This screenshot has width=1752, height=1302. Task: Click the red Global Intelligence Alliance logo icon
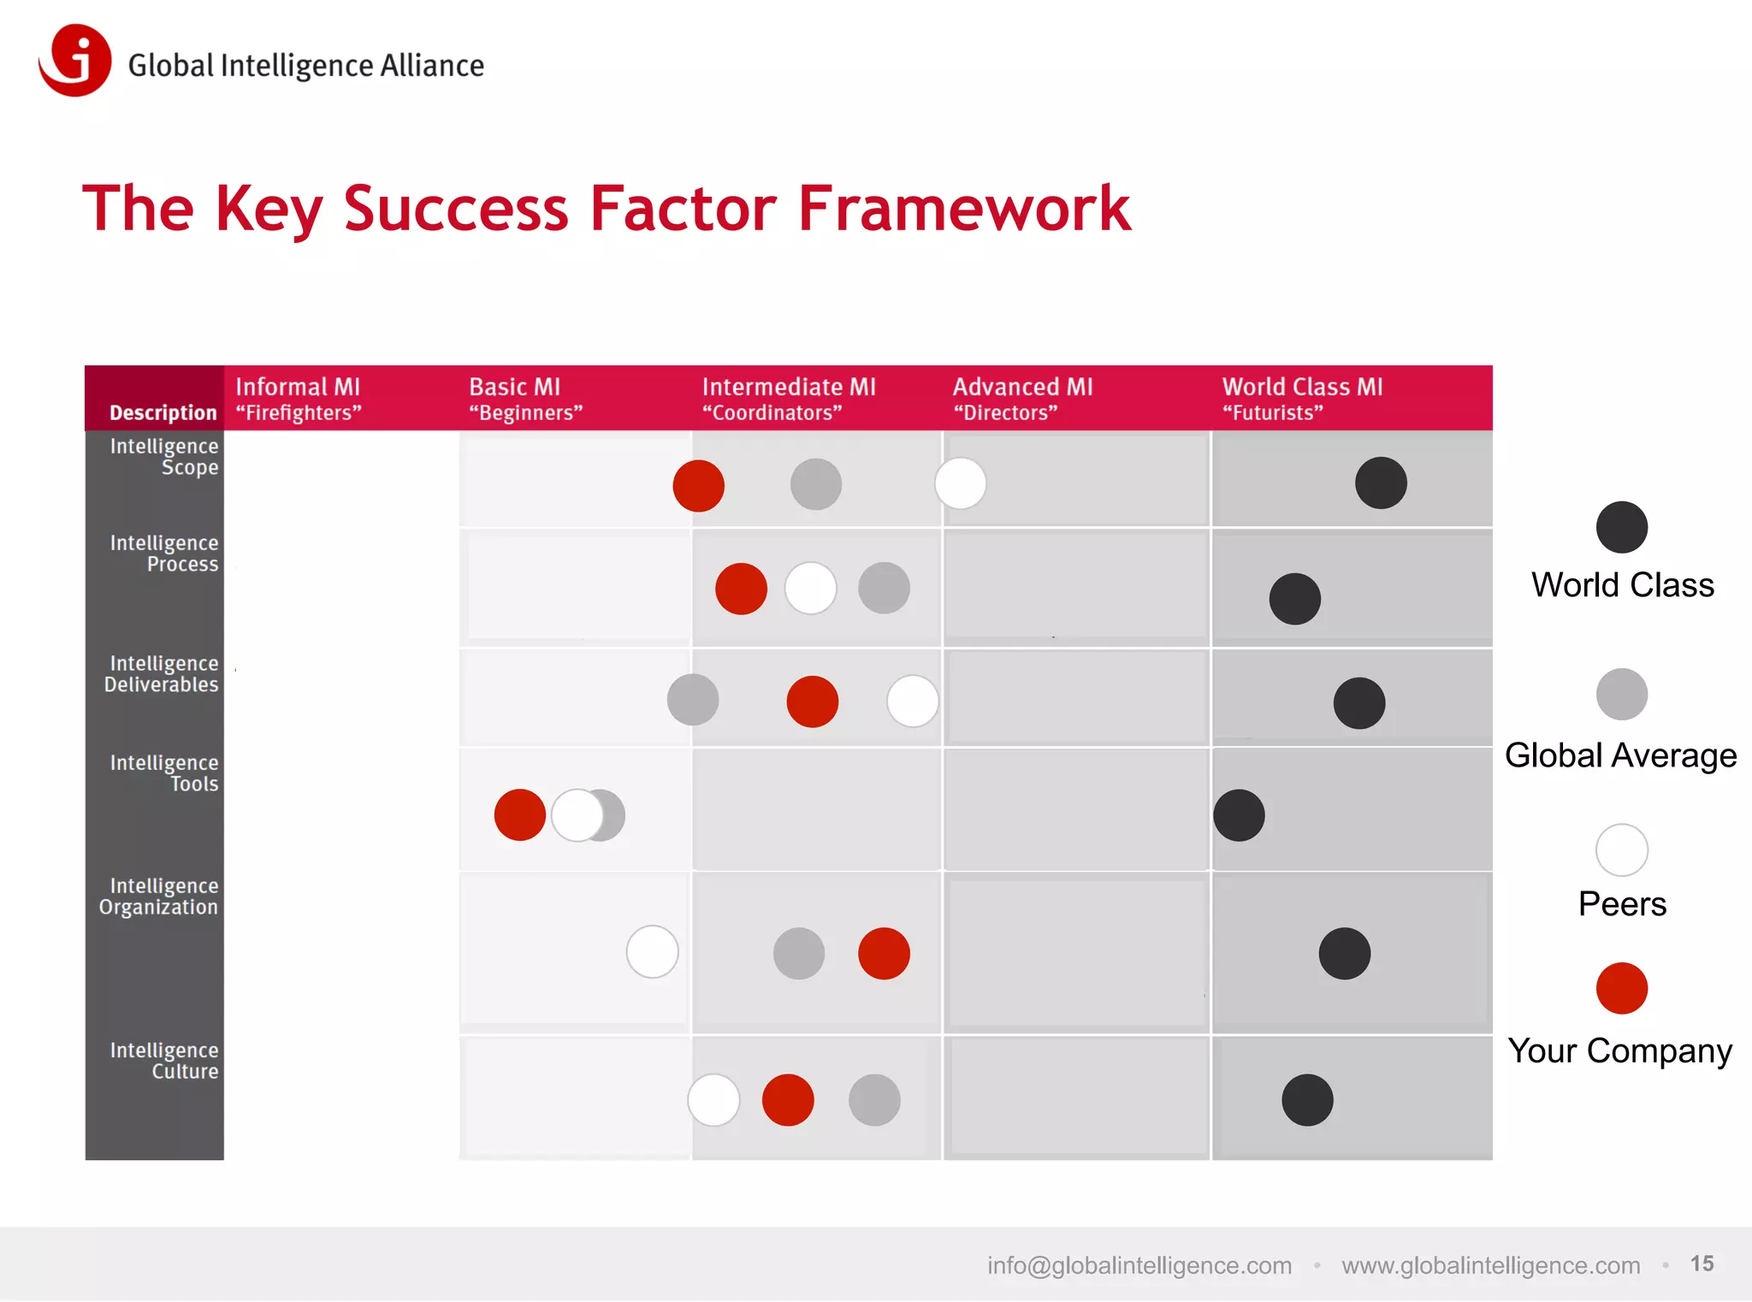click(x=75, y=60)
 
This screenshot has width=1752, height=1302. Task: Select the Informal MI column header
click(x=298, y=399)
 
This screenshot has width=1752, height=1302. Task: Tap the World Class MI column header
click(x=1301, y=399)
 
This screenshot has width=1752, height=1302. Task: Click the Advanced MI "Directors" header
click(x=1022, y=399)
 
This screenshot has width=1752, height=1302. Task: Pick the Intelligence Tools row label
click(x=164, y=772)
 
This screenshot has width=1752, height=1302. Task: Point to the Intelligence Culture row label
click(x=164, y=1060)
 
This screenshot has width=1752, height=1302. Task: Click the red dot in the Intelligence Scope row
click(x=698, y=486)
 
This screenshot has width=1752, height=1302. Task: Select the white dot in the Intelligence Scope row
click(x=960, y=483)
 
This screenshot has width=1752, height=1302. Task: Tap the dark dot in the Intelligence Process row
click(x=1294, y=599)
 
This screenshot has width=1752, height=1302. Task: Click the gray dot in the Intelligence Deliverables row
click(x=692, y=700)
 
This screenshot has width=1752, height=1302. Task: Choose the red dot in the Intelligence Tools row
click(x=519, y=815)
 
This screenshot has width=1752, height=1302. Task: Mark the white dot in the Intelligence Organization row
click(x=652, y=951)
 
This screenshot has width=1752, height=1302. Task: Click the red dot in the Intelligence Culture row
click(x=787, y=1100)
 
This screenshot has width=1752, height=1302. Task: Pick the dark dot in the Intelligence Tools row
click(x=1239, y=815)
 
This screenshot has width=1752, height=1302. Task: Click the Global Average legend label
click(x=1620, y=755)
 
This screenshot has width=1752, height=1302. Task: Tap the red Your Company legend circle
click(x=1621, y=989)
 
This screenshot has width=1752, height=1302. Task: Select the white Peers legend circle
click(x=1621, y=850)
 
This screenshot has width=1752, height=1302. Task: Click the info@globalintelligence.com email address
click(x=1139, y=1265)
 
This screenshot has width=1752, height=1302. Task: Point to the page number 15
click(x=1702, y=1264)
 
